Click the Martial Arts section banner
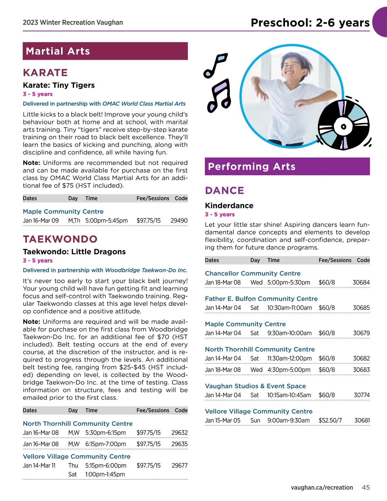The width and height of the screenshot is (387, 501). [x=105, y=51]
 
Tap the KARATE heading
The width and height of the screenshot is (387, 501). [x=45, y=73]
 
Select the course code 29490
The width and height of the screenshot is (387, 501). [x=179, y=221]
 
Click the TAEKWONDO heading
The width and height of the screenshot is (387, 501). [x=60, y=239]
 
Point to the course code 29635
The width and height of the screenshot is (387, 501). [x=179, y=444]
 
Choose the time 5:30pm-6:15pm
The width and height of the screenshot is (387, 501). [x=105, y=433]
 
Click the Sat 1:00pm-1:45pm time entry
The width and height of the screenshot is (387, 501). [x=105, y=474]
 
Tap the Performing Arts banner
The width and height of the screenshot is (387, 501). [x=287, y=166]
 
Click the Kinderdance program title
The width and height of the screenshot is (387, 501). [x=229, y=205]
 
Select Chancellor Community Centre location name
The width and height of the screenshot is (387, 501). [x=253, y=273]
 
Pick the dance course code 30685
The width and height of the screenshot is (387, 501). [x=361, y=308]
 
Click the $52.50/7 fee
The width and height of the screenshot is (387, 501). [x=330, y=420]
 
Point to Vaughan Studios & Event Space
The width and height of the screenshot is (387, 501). [x=255, y=386]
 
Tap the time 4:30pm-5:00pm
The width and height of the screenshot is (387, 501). [x=289, y=370]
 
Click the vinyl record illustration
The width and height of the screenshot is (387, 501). [x=343, y=126]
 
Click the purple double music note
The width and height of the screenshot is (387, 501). [x=220, y=95]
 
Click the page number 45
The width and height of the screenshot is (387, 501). [x=366, y=487]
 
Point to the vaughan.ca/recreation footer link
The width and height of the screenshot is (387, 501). [x=322, y=487]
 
